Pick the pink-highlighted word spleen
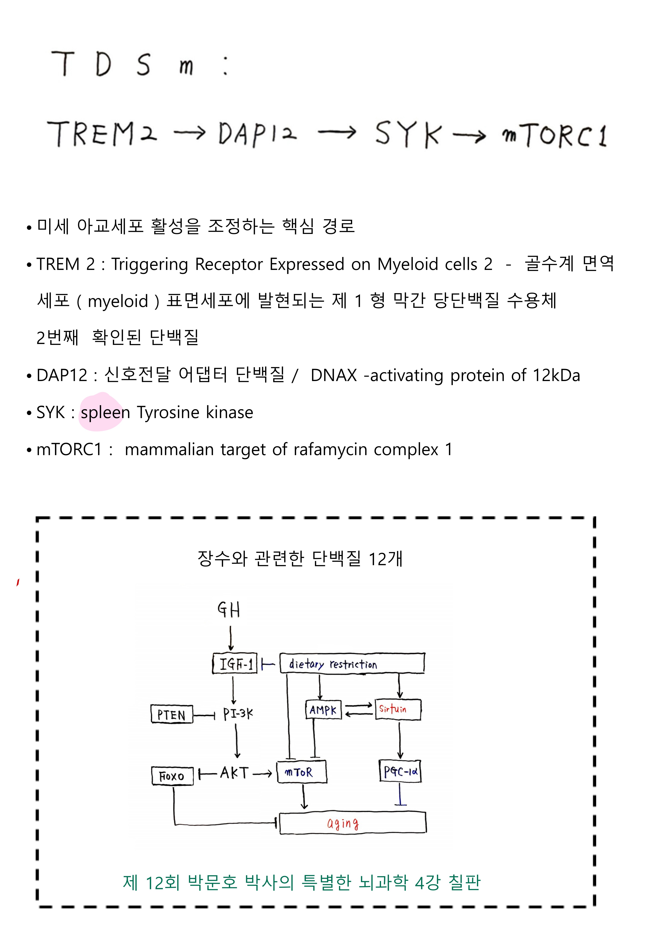(105, 412)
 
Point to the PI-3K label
(238, 714)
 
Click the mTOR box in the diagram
(301, 772)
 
